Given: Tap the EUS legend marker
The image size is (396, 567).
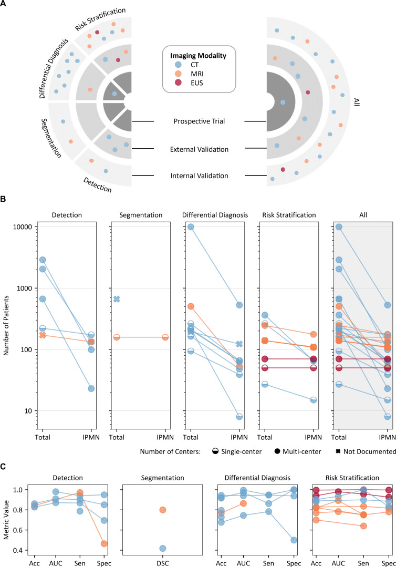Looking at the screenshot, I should coord(171,83).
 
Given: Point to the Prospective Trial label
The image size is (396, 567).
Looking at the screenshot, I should coord(199,121).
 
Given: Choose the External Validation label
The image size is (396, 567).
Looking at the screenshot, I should coord(199,149).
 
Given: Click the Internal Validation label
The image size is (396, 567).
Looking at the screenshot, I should coord(199,176).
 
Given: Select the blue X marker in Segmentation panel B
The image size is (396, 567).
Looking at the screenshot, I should coord(117,299).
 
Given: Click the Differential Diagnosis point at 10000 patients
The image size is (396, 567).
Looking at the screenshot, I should coord(191,227).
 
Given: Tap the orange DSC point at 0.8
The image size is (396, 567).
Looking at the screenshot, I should coord(163,510).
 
